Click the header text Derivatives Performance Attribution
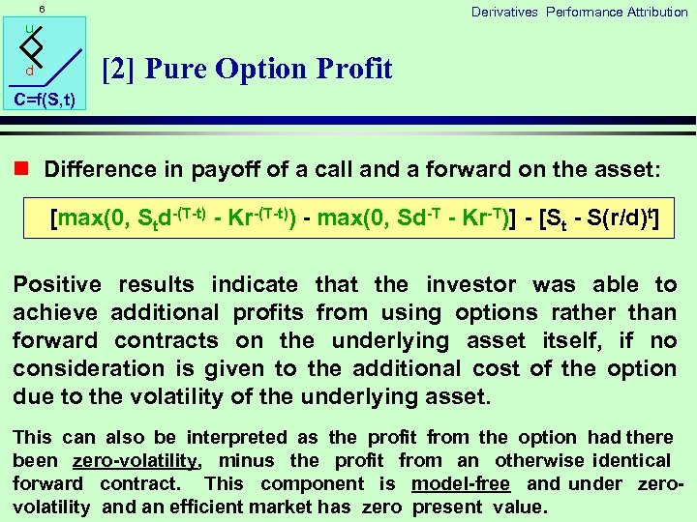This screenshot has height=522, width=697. coord(579,12)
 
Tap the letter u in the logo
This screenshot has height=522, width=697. coord(30,30)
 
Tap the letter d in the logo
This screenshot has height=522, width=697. coord(30,72)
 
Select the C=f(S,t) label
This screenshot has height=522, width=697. coord(45,99)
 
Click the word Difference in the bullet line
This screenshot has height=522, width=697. coord(99,169)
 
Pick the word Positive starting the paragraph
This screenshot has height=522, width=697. coord(57,284)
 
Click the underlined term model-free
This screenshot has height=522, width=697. coord(461,483)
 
